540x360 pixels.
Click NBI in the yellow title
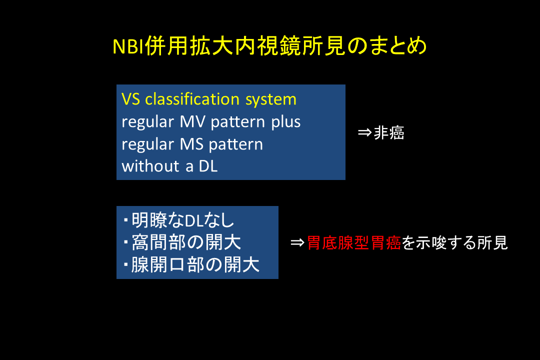[x=128, y=46]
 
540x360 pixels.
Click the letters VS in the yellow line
[x=131, y=99]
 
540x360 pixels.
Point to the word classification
[x=192, y=99]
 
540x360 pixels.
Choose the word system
[x=270, y=100]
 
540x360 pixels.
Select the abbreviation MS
[x=192, y=144]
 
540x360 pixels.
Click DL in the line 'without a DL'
[x=208, y=166]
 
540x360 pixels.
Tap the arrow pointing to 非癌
[x=364, y=132]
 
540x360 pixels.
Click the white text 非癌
[x=389, y=132]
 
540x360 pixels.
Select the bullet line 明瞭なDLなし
[x=179, y=220]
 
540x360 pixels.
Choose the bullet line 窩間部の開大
[x=182, y=242]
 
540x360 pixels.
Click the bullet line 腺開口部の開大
[x=191, y=264]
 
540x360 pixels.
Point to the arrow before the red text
[x=297, y=242]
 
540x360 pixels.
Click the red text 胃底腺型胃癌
[x=354, y=242]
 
